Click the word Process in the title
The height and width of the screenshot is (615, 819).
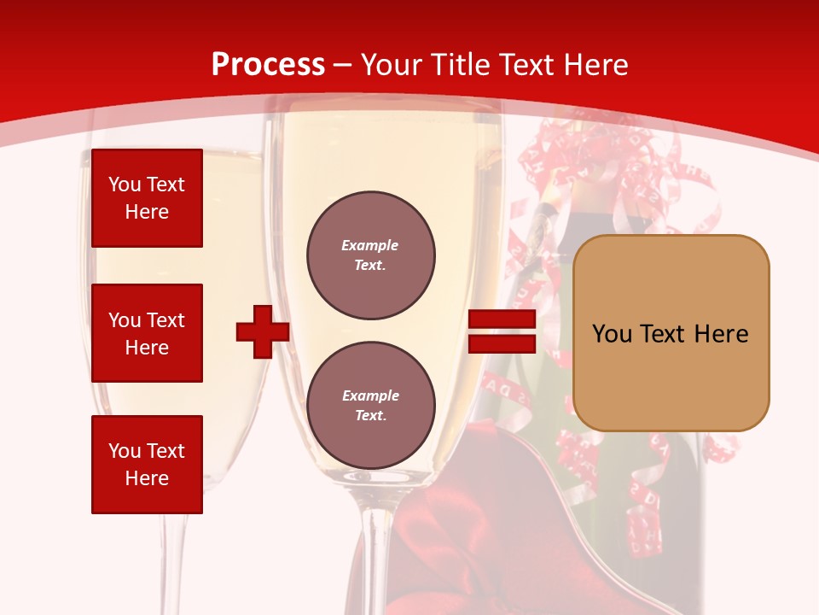pyautogui.click(x=268, y=65)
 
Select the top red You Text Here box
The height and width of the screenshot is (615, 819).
pyautogui.click(x=147, y=198)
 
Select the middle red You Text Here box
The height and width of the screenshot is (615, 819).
pyautogui.click(x=147, y=333)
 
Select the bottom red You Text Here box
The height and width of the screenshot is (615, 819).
pyautogui.click(x=147, y=464)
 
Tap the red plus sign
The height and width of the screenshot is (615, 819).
pyautogui.click(x=263, y=331)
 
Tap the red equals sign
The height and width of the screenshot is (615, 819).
pyautogui.click(x=502, y=332)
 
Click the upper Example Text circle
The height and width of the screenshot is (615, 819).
pyautogui.click(x=370, y=255)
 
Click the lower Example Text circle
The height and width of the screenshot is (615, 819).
pyautogui.click(x=370, y=405)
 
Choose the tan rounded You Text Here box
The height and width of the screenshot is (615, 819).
pyautogui.click(x=671, y=333)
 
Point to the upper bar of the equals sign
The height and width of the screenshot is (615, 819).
pyautogui.click(x=502, y=319)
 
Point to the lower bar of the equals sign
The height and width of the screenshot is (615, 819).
pyautogui.click(x=502, y=344)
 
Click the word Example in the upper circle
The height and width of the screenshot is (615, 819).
pyautogui.click(x=370, y=245)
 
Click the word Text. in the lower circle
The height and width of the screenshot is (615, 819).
pyautogui.click(x=370, y=415)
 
